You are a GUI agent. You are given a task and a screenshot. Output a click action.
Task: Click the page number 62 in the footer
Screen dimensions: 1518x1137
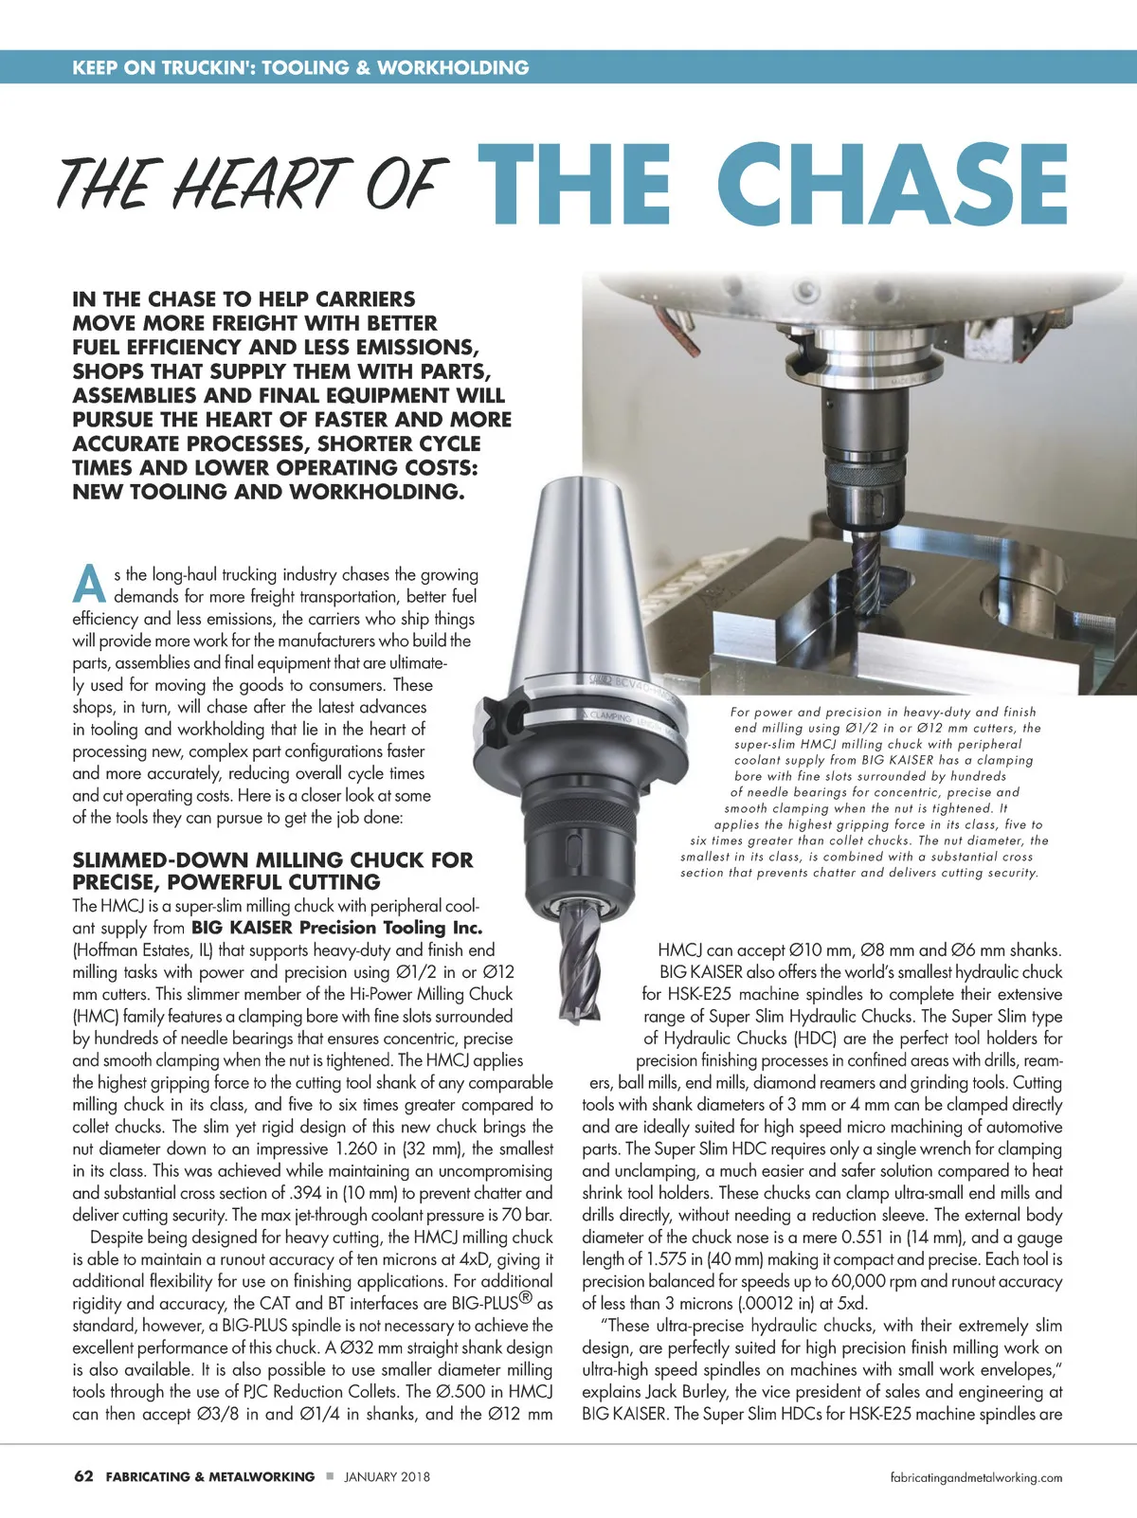coord(83,1476)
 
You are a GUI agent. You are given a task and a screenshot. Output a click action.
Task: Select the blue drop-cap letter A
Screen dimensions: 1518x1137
coord(90,585)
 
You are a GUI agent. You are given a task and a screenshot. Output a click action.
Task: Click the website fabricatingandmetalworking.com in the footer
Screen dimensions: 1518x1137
coord(976,1477)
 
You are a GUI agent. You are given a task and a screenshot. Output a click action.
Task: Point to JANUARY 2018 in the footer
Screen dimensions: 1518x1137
coord(387,1476)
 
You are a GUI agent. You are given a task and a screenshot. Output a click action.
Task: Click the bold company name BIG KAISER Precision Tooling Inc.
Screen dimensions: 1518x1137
coord(337,928)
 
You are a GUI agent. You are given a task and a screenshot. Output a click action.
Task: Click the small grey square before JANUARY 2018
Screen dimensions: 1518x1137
coord(330,1476)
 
